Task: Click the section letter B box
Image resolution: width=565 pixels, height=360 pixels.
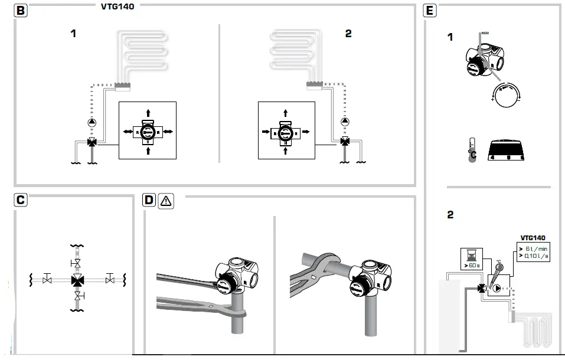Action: (21, 11)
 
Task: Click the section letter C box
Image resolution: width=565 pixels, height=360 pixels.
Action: (21, 201)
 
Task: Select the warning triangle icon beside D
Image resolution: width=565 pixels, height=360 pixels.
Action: (166, 201)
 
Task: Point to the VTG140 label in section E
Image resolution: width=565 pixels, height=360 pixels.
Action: (533, 237)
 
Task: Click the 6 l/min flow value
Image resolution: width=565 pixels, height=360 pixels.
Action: (535, 248)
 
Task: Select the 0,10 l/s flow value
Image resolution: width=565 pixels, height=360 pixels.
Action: (535, 256)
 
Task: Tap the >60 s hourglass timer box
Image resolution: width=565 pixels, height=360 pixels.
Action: (471, 258)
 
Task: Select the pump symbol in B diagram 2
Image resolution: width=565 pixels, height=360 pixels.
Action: (345, 123)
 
